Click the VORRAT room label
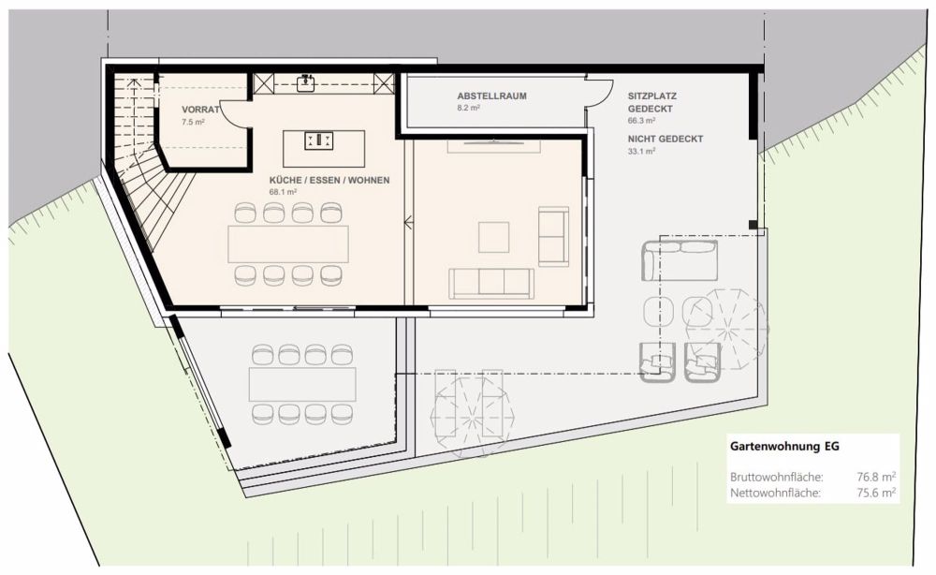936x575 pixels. tap(200, 110)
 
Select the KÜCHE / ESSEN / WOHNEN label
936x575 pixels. tap(329, 180)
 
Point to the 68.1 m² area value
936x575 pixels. tap(283, 192)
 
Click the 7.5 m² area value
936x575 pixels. tap(194, 122)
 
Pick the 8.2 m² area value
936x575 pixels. tap(469, 109)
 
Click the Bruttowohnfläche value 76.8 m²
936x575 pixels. tap(876, 476)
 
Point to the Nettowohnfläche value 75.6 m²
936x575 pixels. tap(876, 492)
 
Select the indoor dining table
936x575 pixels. tap(288, 243)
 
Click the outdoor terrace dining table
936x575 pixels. tap(302, 383)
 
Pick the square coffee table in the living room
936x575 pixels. tap(493, 236)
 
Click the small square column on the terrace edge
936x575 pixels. tap(753, 225)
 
